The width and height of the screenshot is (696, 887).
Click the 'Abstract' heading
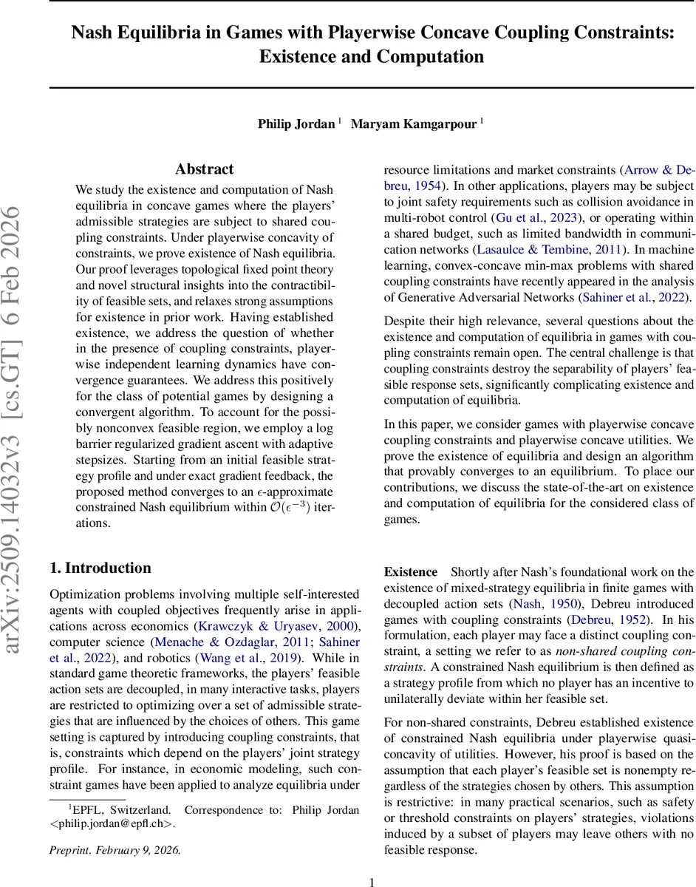point(205,169)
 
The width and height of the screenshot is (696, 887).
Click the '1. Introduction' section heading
point(100,568)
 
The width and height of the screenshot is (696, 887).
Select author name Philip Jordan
point(296,123)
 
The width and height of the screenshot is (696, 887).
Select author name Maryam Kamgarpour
point(414,123)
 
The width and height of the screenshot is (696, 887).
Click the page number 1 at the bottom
point(372,881)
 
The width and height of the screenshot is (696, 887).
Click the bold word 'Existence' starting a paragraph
point(411,572)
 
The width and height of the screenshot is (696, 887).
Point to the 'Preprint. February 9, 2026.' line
point(115,849)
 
